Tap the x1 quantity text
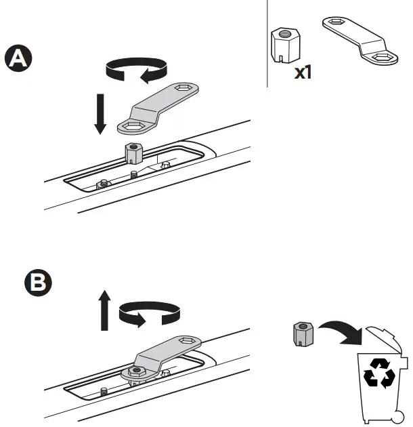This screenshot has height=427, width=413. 302,72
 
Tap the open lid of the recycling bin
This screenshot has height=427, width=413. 386,340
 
